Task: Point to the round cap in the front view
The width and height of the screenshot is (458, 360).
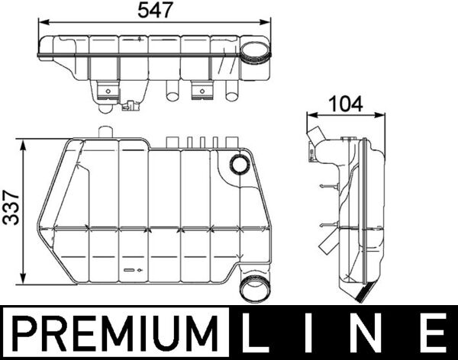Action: tap(240, 164)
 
